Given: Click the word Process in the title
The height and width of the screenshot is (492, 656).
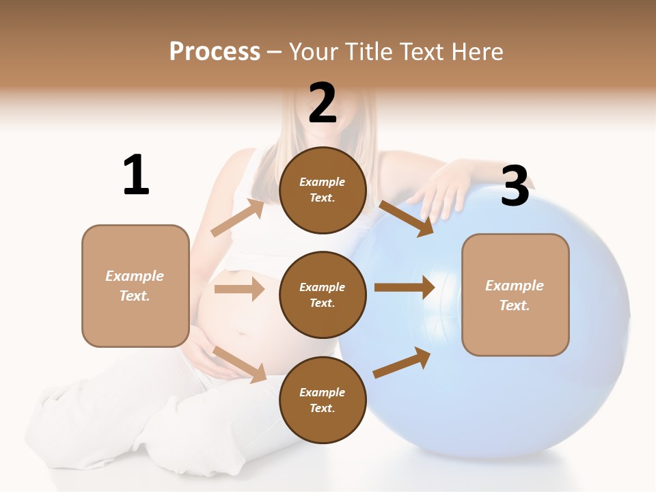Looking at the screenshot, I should click(215, 52).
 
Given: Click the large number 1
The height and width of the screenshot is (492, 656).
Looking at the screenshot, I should click(135, 176).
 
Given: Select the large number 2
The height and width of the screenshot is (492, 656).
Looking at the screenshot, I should click(323, 103).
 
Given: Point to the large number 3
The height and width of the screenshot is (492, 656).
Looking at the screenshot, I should click(515, 187).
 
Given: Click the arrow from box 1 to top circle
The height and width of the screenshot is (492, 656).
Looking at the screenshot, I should click(238, 218).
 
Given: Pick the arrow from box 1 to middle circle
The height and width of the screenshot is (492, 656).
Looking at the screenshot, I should click(239, 289).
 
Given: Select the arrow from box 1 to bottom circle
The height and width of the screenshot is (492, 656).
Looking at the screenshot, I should click(240, 364).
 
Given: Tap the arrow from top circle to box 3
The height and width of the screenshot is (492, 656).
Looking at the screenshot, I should click(406, 219).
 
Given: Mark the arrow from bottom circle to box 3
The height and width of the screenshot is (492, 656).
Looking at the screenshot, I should click(402, 361).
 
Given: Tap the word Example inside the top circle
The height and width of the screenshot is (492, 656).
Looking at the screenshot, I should click(322, 182).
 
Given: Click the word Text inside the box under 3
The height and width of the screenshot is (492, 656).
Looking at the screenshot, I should click(514, 305).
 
